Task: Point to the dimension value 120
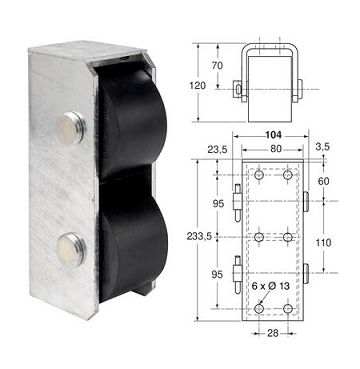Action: click(198, 86)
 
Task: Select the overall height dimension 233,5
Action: click(200, 236)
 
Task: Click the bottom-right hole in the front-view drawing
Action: click(287, 310)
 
